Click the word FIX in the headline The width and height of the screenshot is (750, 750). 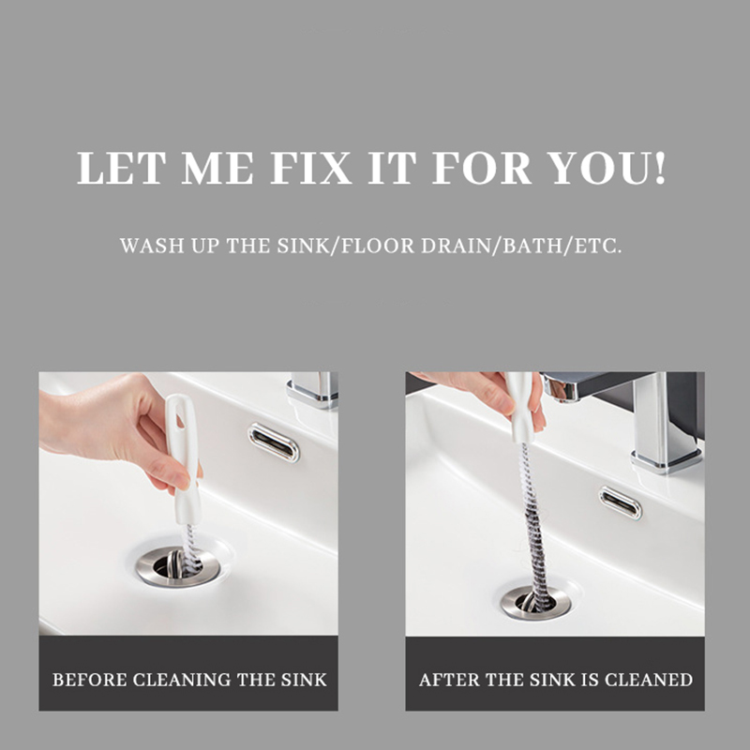[x=311, y=168]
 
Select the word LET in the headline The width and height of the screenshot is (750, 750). [x=122, y=168]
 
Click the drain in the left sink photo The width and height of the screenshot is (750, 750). [x=177, y=567]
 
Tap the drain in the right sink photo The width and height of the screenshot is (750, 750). [x=535, y=603]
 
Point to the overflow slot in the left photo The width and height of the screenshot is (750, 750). [x=274, y=442]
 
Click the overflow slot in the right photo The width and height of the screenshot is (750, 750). [x=621, y=502]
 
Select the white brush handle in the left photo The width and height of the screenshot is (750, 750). [x=184, y=459]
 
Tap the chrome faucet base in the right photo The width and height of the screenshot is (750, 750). [x=667, y=461]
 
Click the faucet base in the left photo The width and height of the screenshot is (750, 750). [x=312, y=396]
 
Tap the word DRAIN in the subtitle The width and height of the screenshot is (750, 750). [x=456, y=246]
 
